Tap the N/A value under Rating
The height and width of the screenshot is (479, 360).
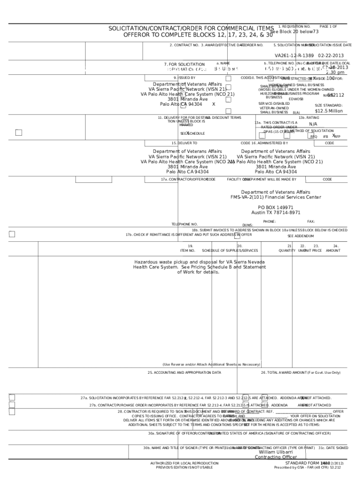coord(313,124)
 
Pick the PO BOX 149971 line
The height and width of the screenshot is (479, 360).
coord(275,207)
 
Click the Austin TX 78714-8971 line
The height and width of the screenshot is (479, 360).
coord(276,212)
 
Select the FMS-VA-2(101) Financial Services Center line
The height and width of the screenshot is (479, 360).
coord(275,197)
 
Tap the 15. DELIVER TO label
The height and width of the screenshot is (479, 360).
coord(184,143)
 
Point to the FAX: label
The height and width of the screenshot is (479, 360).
coord(311,221)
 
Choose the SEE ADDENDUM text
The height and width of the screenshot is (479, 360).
coord(301,236)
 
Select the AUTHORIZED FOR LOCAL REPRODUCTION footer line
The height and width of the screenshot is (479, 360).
coord(184,463)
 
